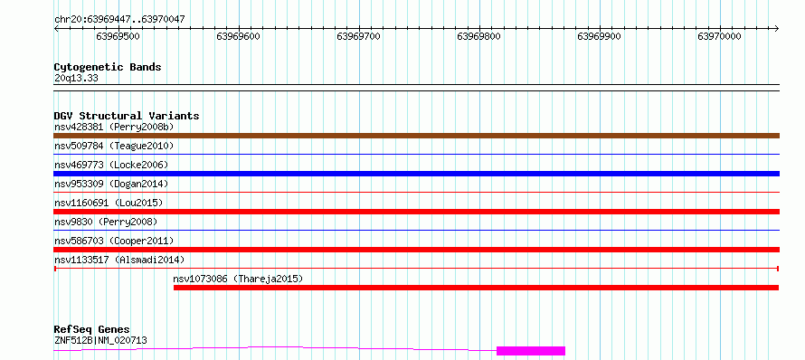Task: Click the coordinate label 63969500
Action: tap(118, 36)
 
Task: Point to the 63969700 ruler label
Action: tap(358, 36)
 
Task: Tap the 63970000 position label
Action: tap(719, 36)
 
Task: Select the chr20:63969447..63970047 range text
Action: tap(119, 20)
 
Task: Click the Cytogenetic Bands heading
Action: tap(108, 67)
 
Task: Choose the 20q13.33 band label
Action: tap(76, 79)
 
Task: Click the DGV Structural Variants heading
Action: tap(127, 116)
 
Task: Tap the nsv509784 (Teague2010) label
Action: tap(114, 146)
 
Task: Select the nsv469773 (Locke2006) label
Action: tap(111, 165)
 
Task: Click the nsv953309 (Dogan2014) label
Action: tap(111, 184)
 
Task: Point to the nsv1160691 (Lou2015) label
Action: tap(109, 203)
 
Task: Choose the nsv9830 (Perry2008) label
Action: tap(106, 222)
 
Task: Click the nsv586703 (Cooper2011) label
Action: tap(114, 241)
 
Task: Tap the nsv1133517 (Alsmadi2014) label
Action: tap(119, 260)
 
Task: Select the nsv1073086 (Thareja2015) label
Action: tap(238, 279)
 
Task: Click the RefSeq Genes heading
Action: tap(92, 330)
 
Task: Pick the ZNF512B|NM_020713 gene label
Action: tap(100, 340)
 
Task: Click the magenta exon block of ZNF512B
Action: tap(531, 351)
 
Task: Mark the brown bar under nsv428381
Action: tap(416, 136)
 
